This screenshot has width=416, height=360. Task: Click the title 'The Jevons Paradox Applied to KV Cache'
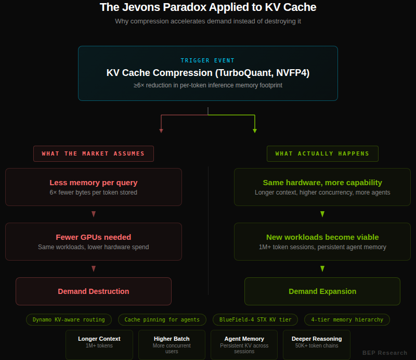coord(207,7)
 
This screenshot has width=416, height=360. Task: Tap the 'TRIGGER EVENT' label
coord(207,60)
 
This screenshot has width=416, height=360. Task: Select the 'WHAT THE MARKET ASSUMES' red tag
coord(94,153)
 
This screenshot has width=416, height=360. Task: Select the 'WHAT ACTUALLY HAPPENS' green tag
coord(322,153)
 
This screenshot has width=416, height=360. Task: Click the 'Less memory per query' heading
coord(94,183)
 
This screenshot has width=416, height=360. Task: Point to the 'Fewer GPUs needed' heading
coord(94,237)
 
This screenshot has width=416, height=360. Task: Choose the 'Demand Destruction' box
coord(94,291)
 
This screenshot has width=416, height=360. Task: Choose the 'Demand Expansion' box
coord(322,291)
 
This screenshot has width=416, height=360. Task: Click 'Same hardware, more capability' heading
coord(322,183)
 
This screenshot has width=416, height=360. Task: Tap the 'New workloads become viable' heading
coord(322,237)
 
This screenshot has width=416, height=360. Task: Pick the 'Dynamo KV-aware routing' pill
coord(69,319)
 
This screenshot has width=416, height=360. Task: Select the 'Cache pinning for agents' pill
coord(162,319)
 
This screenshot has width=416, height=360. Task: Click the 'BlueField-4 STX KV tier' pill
coord(255,319)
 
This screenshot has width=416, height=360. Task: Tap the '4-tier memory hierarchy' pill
coord(347,319)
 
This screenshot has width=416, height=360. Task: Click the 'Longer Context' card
coord(99,344)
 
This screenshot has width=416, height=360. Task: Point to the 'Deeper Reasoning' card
coord(317,344)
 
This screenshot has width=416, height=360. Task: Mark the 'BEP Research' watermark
coord(385,353)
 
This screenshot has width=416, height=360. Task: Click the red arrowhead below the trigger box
coord(161,131)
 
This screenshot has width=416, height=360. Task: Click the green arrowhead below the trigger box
coord(255,131)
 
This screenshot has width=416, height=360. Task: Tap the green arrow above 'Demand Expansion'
coord(322,268)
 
